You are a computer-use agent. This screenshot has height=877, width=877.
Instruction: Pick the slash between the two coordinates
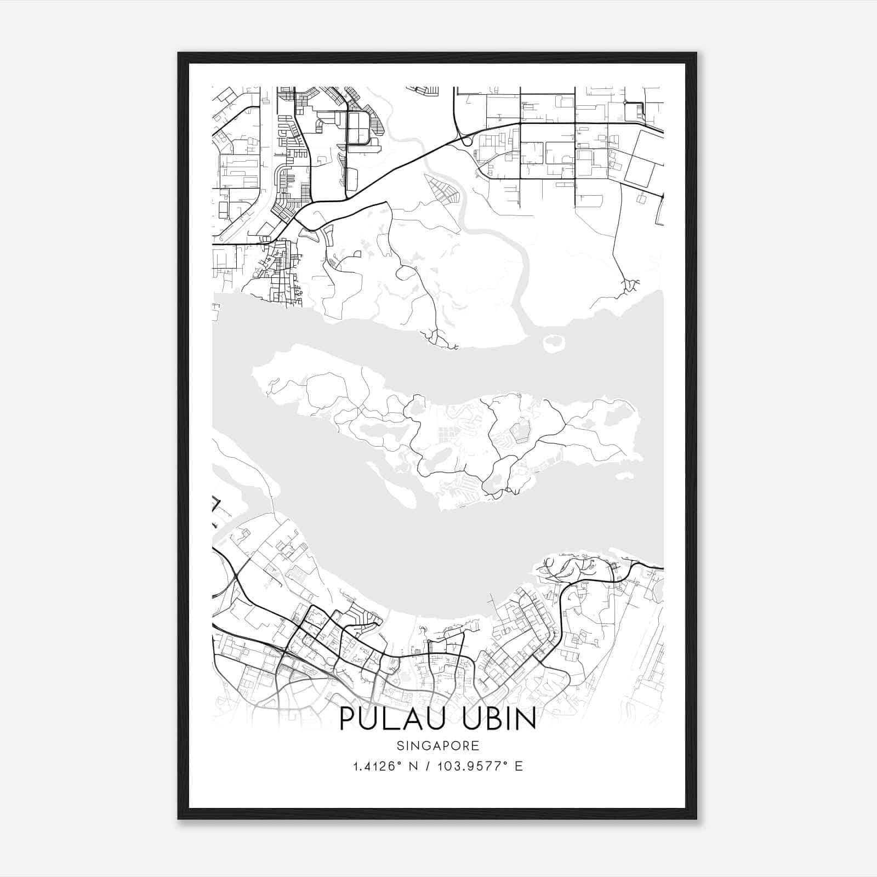pyautogui.click(x=428, y=766)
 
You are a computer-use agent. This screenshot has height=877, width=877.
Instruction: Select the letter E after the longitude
pyautogui.click(x=519, y=766)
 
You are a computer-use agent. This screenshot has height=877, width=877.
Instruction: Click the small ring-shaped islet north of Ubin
pyautogui.click(x=554, y=344)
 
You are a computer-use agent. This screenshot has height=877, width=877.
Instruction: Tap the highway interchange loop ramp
pyautogui.click(x=466, y=140)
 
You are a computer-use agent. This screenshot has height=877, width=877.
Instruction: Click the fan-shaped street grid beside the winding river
pyautogui.click(x=443, y=189)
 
